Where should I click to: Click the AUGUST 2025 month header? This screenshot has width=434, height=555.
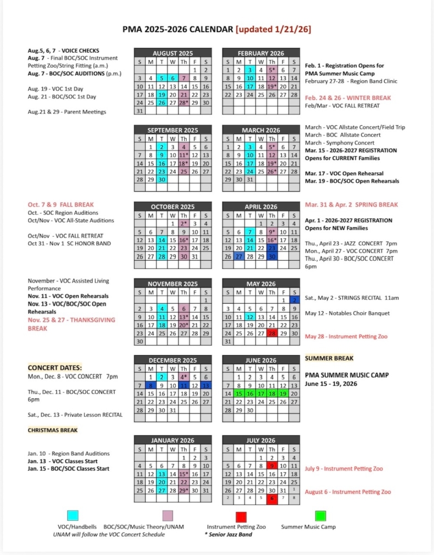coord(172,53)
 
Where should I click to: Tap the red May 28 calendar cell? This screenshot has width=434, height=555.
coord(273,334)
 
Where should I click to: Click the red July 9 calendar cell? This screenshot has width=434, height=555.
coord(273,465)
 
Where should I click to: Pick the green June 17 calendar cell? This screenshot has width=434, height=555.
coord(261,394)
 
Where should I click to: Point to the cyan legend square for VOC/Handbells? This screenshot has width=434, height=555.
coord(73,515)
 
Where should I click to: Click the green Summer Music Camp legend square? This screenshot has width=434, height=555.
coord(320,515)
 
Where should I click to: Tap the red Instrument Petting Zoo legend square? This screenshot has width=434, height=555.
coord(241,515)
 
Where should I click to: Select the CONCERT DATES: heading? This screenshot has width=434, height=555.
coord(55,367)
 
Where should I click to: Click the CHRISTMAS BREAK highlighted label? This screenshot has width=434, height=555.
coord(53,430)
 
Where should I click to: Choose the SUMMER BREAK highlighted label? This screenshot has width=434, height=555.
coord(329,358)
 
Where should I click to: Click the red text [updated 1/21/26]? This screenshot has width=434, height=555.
coord(273,29)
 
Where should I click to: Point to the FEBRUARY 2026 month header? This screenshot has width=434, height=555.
coord(261,53)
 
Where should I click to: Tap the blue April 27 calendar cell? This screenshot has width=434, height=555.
coord(238,257)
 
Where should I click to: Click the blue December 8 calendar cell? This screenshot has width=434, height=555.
coord(150,385)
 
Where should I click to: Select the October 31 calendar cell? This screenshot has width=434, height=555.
coord(195,257)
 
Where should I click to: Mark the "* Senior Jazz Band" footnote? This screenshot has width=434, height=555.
coord(228,534)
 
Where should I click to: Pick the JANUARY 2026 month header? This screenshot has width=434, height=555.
coord(172,441)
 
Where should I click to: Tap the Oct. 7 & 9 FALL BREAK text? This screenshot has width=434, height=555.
coord(61,205)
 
